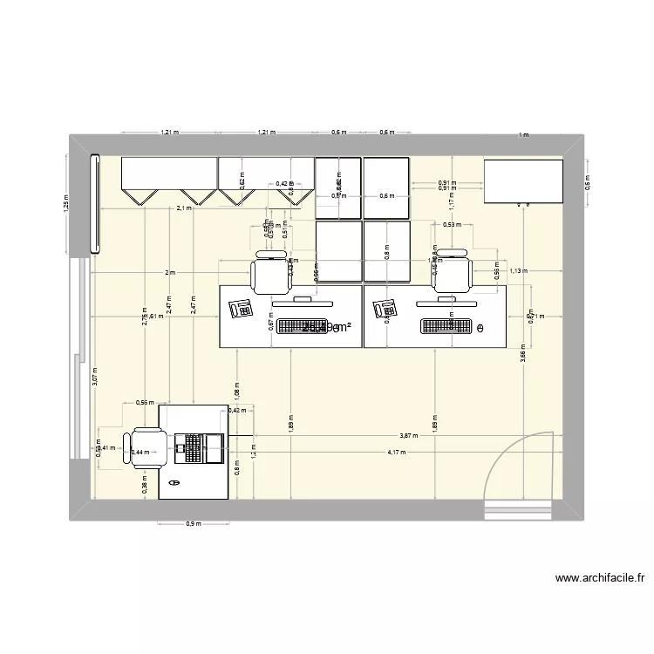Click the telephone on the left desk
(241, 308)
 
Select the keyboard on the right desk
(445, 327)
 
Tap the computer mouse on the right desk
(480, 328)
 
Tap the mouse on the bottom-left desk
(174, 482)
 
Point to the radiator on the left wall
(95, 204)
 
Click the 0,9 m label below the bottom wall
(194, 524)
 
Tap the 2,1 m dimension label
(184, 209)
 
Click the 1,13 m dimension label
(519, 270)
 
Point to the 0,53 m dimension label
(452, 225)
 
